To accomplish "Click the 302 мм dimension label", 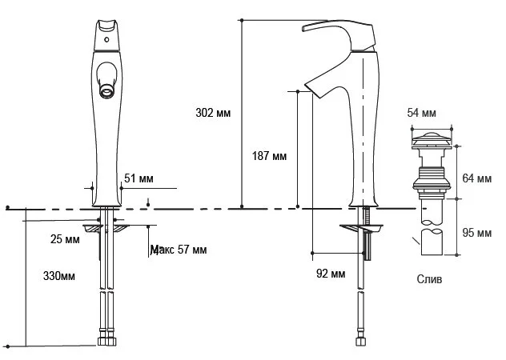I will [x=214, y=113].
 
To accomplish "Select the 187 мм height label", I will [x=268, y=156].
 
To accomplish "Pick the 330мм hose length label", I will [x=58, y=276].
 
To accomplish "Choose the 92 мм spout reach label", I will [x=331, y=274].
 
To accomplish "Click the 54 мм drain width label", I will [x=421, y=113].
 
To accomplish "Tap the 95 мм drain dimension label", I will [x=478, y=233].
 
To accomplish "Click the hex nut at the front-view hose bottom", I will [x=106, y=342].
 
